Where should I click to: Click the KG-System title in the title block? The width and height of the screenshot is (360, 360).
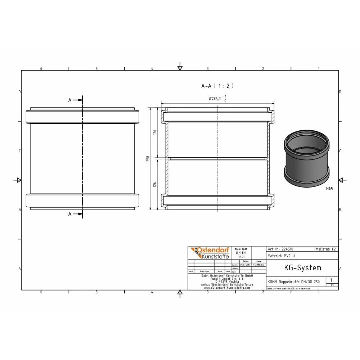tap(297, 268)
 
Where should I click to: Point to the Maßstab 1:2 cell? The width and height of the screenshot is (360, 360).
tap(326, 249)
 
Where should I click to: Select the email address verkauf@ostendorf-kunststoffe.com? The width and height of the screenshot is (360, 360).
tap(227, 284)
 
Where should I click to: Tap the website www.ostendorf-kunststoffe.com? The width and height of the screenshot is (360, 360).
tap(227, 288)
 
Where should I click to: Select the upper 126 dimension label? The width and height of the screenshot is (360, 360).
tap(155, 132)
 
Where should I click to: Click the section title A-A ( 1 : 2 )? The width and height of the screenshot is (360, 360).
tap(217, 86)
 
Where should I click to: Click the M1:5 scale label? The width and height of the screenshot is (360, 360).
tap(329, 188)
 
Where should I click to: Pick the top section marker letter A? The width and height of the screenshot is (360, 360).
tap(70, 100)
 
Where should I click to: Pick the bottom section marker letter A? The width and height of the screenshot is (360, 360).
tap(70, 214)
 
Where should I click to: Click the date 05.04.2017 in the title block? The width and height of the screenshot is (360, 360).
tap(246, 265)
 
